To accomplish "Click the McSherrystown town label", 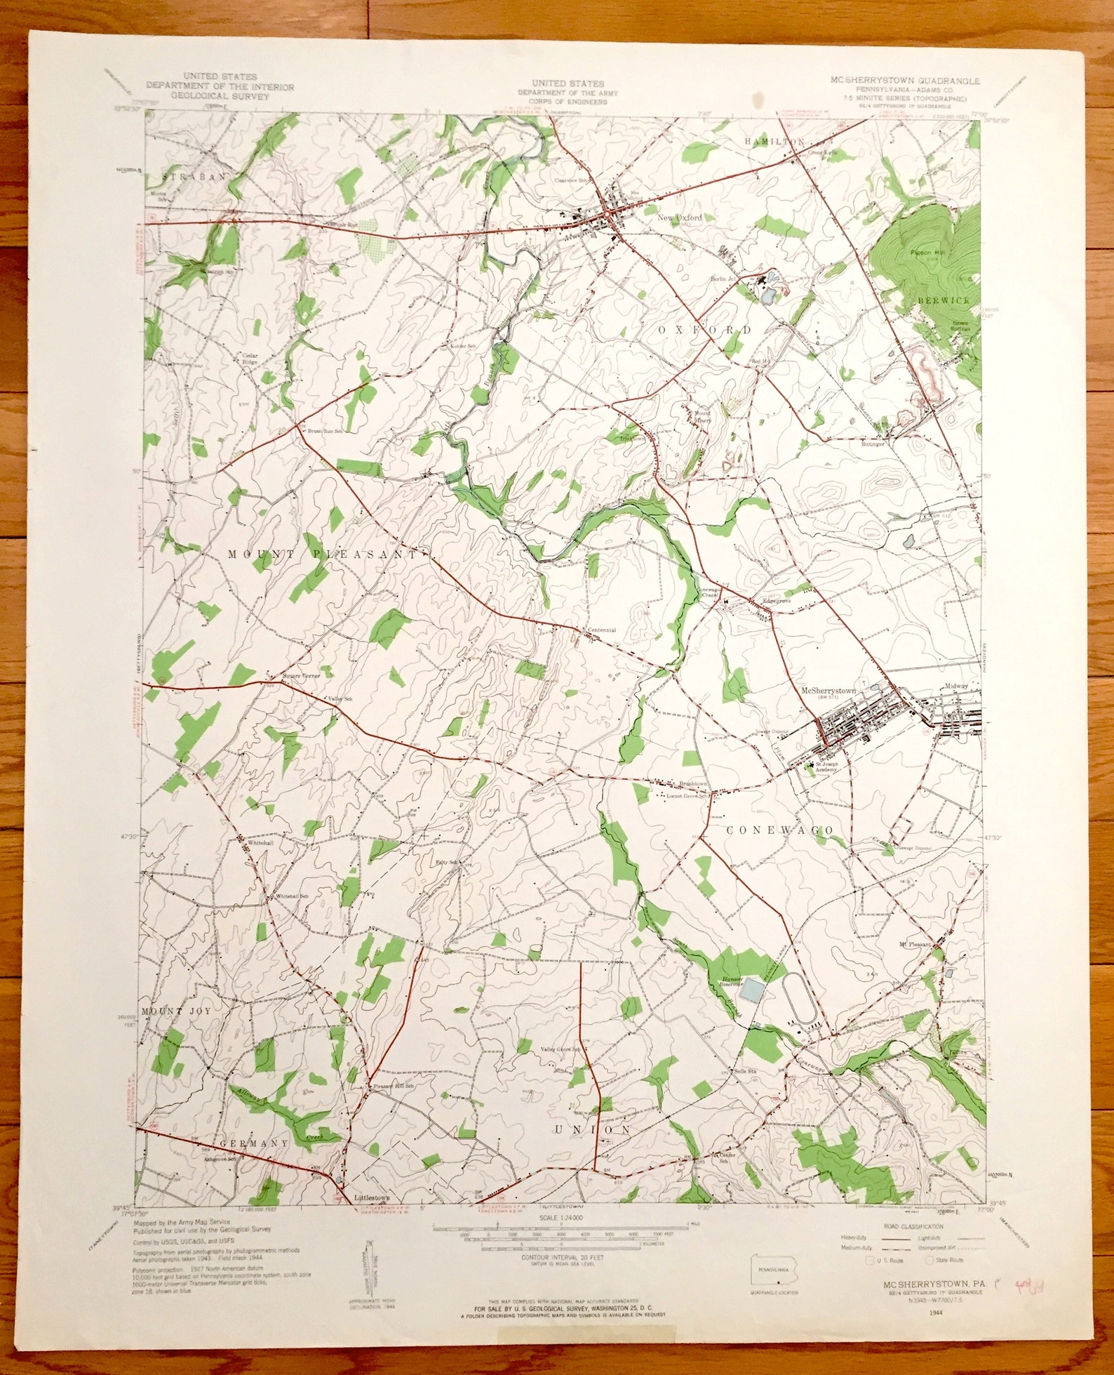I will coord(828,691).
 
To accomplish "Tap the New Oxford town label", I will coord(678,218).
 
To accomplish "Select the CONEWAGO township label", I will coord(780,830).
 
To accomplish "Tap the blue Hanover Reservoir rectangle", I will coord(752,991).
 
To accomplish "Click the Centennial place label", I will coord(601,630).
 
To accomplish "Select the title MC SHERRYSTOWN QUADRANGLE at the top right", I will coord(906,81).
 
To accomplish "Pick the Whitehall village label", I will coord(258,842).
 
